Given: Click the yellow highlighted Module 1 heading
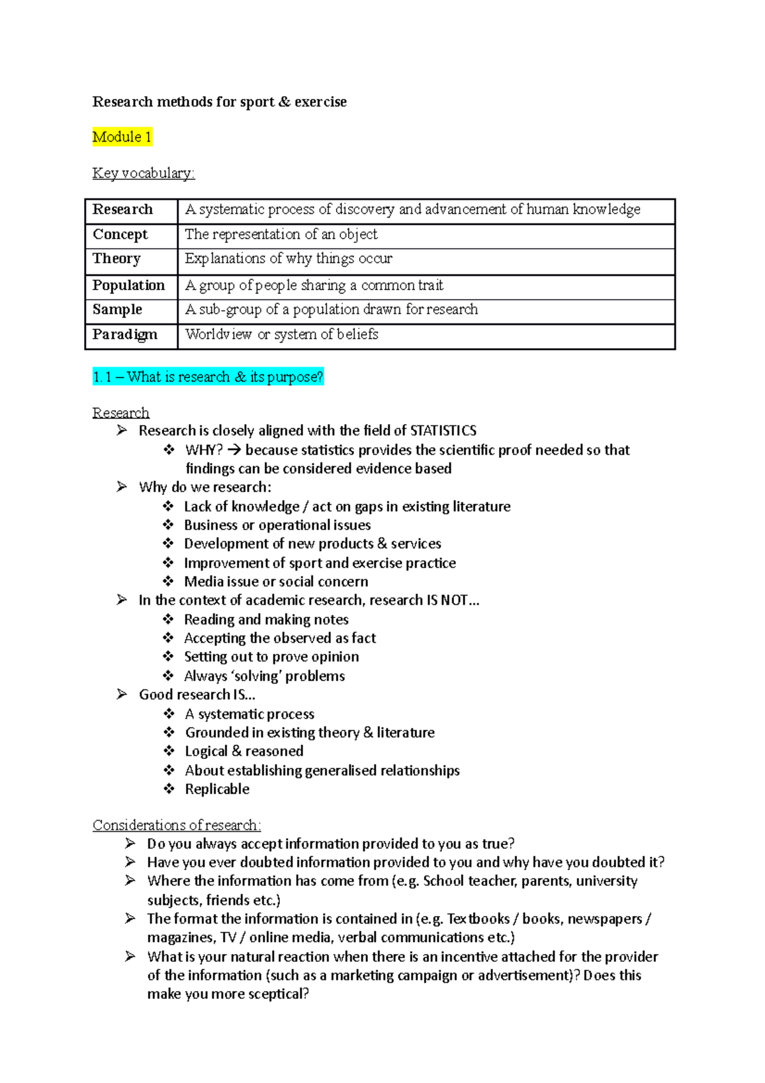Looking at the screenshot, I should coord(122,137).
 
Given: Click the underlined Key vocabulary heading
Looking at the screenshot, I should coord(143,173).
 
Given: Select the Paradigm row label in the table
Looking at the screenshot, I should coord(125,334).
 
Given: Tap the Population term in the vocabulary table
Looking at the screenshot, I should coord(129,285).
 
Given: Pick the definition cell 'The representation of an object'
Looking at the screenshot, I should coord(281,234).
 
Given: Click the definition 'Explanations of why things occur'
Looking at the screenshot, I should coord(289,258).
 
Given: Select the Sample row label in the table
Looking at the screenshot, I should coord(117,309).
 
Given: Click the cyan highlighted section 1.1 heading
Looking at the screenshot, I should coord(208,377).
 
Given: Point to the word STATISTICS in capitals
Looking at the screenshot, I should coord(443,431).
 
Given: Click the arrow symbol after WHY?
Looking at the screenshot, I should coord(233,450).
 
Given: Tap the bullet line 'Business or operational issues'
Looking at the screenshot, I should coord(277,525).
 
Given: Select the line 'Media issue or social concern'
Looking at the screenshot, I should coord(276,582).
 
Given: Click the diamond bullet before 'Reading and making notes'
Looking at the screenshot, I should coord(168,619).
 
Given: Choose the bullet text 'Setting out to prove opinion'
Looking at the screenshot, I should coord(272,657).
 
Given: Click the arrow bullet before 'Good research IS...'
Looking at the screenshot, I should coord(122,694).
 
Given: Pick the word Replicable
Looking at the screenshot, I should coord(217,789).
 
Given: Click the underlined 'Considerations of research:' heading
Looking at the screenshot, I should coord(177,825).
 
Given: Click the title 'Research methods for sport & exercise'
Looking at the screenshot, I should coord(219,102).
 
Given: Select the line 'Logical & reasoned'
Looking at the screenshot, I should coord(244,751).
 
